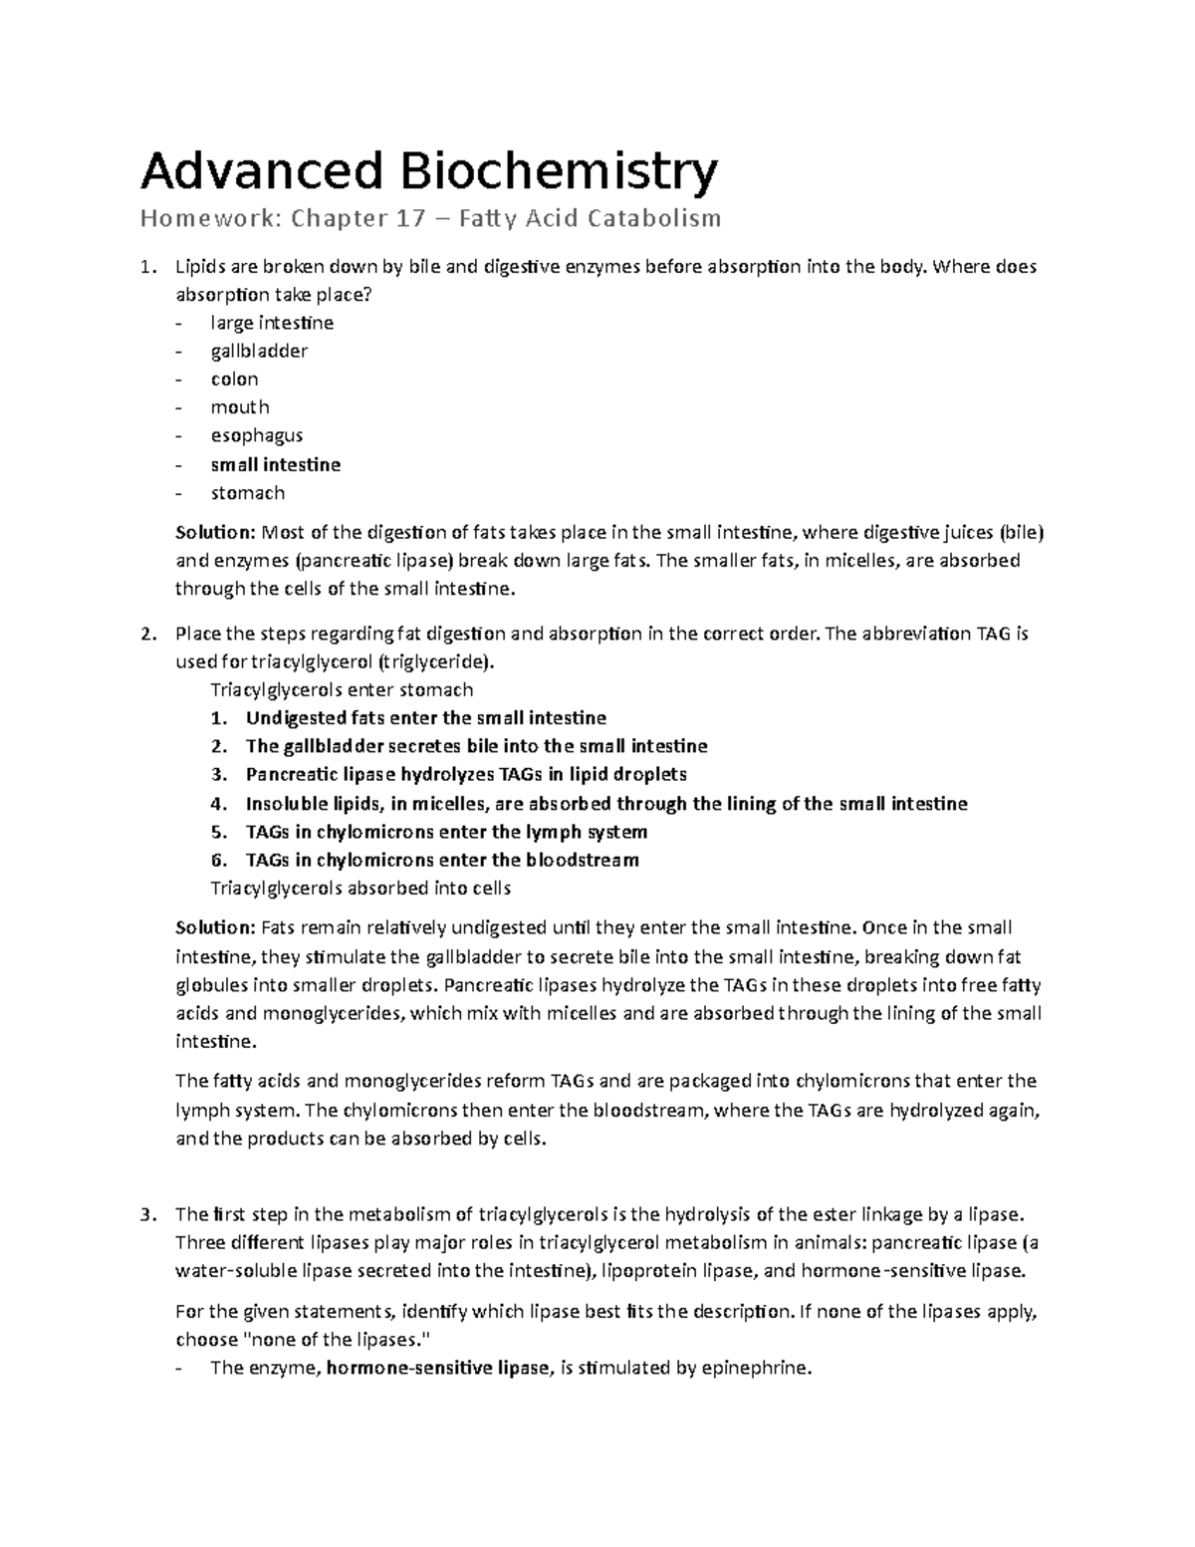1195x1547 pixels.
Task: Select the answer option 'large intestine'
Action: click(271, 323)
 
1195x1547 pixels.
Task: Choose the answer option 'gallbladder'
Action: click(259, 351)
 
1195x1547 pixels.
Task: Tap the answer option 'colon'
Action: click(234, 380)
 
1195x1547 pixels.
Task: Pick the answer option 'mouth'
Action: click(239, 407)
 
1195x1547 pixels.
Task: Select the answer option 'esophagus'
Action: click(256, 435)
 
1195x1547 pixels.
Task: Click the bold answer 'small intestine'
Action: click(275, 464)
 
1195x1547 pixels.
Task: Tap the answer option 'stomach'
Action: click(247, 493)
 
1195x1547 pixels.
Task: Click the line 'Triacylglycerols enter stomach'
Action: click(342, 689)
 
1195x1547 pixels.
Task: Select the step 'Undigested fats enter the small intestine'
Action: click(425, 718)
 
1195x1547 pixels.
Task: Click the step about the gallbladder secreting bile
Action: click(476, 746)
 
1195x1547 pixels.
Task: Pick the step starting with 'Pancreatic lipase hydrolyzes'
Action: click(465, 774)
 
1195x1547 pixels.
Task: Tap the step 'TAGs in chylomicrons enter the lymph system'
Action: click(446, 832)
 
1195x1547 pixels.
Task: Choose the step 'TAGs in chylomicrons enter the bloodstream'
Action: click(442, 860)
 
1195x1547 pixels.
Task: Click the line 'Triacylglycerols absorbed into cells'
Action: click(360, 888)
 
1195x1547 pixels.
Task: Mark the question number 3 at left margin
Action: click(147, 1214)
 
